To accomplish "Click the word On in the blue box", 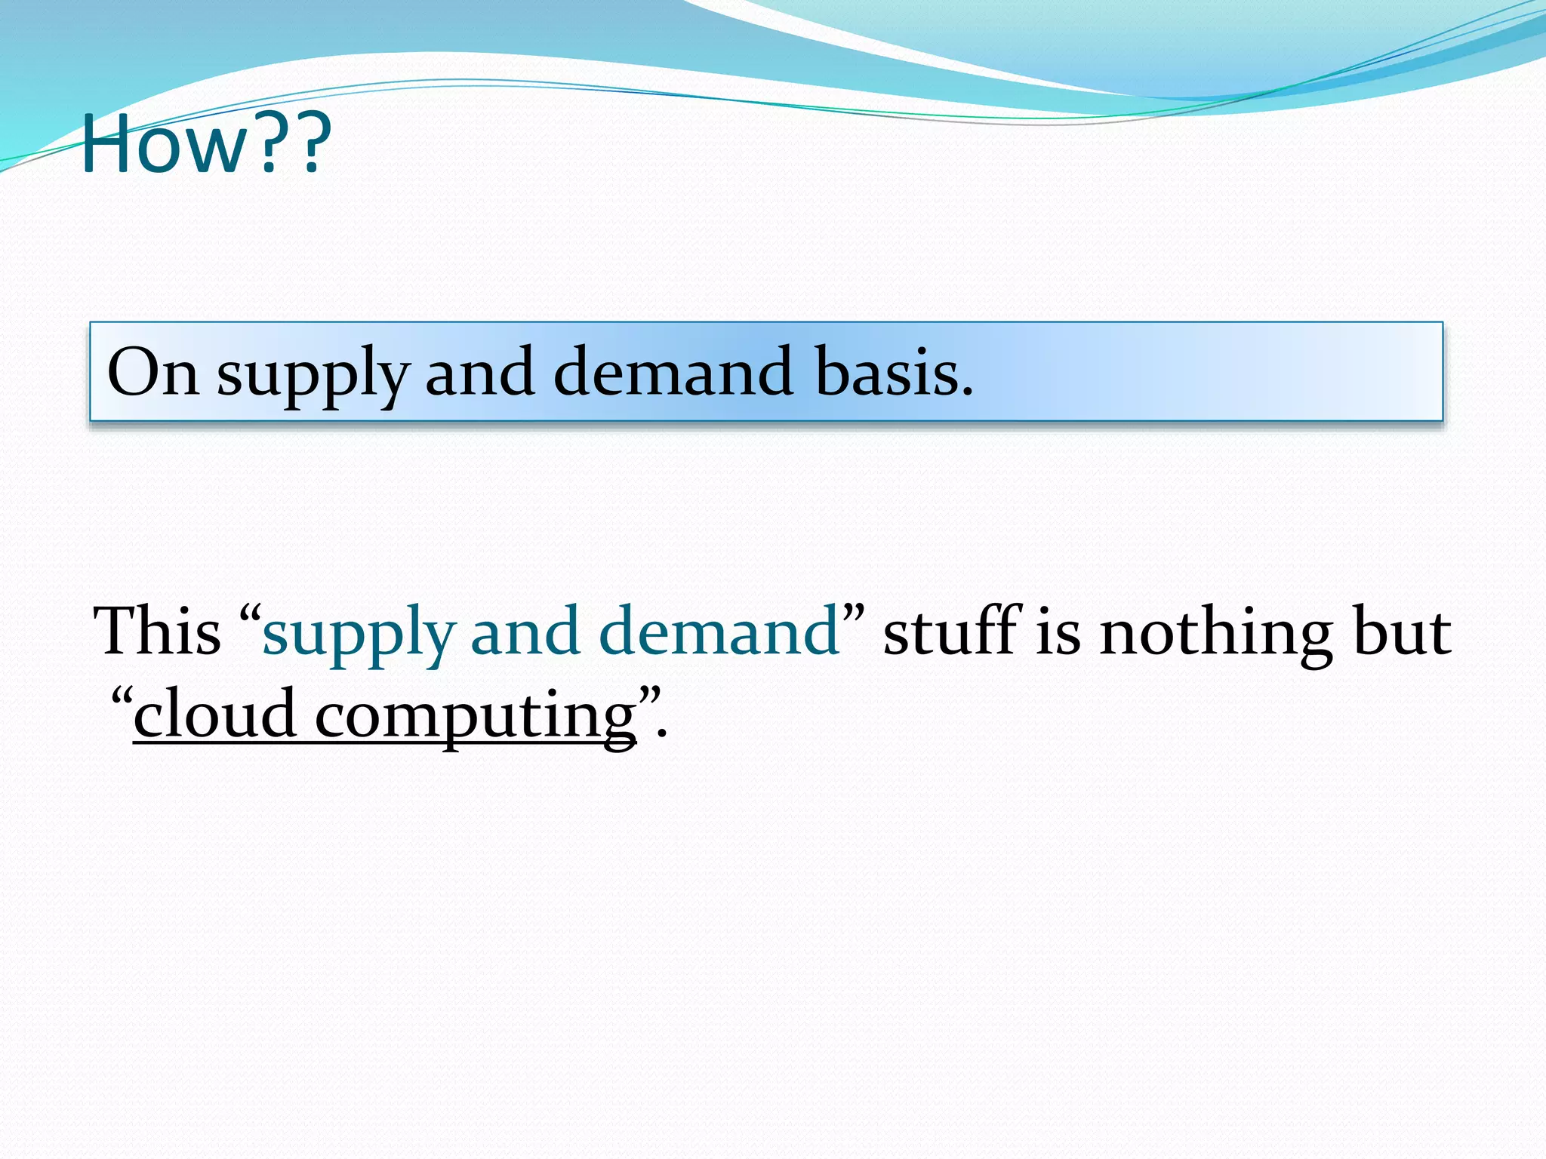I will coord(153,372).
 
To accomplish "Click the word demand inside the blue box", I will coord(673,372).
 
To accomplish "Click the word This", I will coord(157,631).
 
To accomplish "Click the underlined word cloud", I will coord(215,714).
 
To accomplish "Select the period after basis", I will coord(967,392).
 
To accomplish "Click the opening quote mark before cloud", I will coord(122,693).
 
